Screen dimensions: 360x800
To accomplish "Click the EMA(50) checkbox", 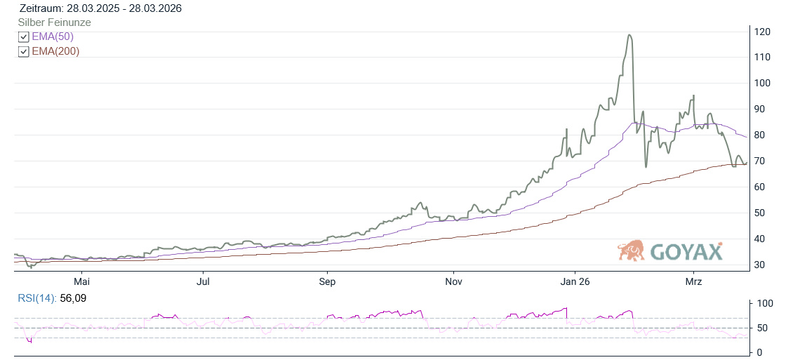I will pyautogui.click(x=24, y=37).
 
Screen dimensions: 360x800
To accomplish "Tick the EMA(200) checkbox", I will pyautogui.click(x=24, y=51).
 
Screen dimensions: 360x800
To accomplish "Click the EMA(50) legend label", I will pyautogui.click(x=53, y=37).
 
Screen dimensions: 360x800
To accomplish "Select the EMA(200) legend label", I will pyautogui.click(x=55, y=51).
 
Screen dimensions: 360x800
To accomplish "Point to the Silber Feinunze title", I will pyautogui.click(x=54, y=22).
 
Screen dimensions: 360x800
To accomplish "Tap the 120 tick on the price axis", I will pyautogui.click(x=763, y=32).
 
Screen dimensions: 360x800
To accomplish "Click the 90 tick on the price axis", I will pyautogui.click(x=761, y=109).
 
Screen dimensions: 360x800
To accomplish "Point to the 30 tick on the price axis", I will pyautogui.click(x=761, y=265).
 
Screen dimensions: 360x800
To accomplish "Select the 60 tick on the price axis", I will pyautogui.click(x=761, y=187).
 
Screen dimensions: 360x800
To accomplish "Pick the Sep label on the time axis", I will pyautogui.click(x=327, y=281).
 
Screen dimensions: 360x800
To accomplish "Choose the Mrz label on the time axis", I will pyautogui.click(x=693, y=281).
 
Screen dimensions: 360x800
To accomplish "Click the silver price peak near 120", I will pyautogui.click(x=629, y=35).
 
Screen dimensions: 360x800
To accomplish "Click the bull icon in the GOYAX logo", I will pyautogui.click(x=631, y=251).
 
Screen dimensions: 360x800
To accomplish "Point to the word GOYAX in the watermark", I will pyautogui.click(x=686, y=252).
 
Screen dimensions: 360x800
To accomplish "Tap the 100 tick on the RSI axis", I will pyautogui.click(x=764, y=303).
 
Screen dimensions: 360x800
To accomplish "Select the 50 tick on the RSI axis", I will pyautogui.click(x=761, y=328).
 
